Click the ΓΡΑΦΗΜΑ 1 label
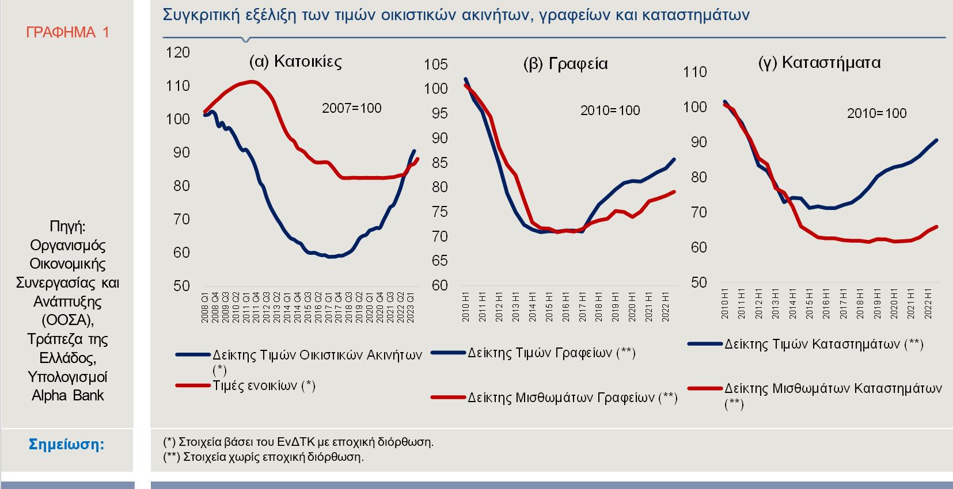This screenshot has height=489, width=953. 67,32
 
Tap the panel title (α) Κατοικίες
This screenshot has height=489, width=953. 295,62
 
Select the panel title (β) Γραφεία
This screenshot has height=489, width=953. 565,63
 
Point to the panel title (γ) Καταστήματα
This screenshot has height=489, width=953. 819,63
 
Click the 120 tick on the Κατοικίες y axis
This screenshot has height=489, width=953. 177,52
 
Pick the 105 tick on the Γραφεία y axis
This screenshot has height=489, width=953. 435,64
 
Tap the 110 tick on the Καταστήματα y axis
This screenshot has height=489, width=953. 694,72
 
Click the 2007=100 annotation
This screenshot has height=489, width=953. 351,108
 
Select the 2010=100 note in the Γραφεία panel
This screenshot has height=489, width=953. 610,110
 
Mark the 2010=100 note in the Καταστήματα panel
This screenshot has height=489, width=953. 876,113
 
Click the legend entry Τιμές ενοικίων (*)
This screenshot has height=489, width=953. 264,385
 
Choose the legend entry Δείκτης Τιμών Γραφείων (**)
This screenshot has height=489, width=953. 551,353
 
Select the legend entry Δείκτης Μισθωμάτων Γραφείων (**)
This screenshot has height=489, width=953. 572,397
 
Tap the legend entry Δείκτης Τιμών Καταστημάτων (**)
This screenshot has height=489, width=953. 823,344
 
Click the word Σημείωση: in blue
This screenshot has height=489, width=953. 67,444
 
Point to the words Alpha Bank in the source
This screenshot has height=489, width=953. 67,395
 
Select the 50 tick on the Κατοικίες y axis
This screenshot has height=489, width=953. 181,286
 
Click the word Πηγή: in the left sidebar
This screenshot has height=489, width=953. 67,227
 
